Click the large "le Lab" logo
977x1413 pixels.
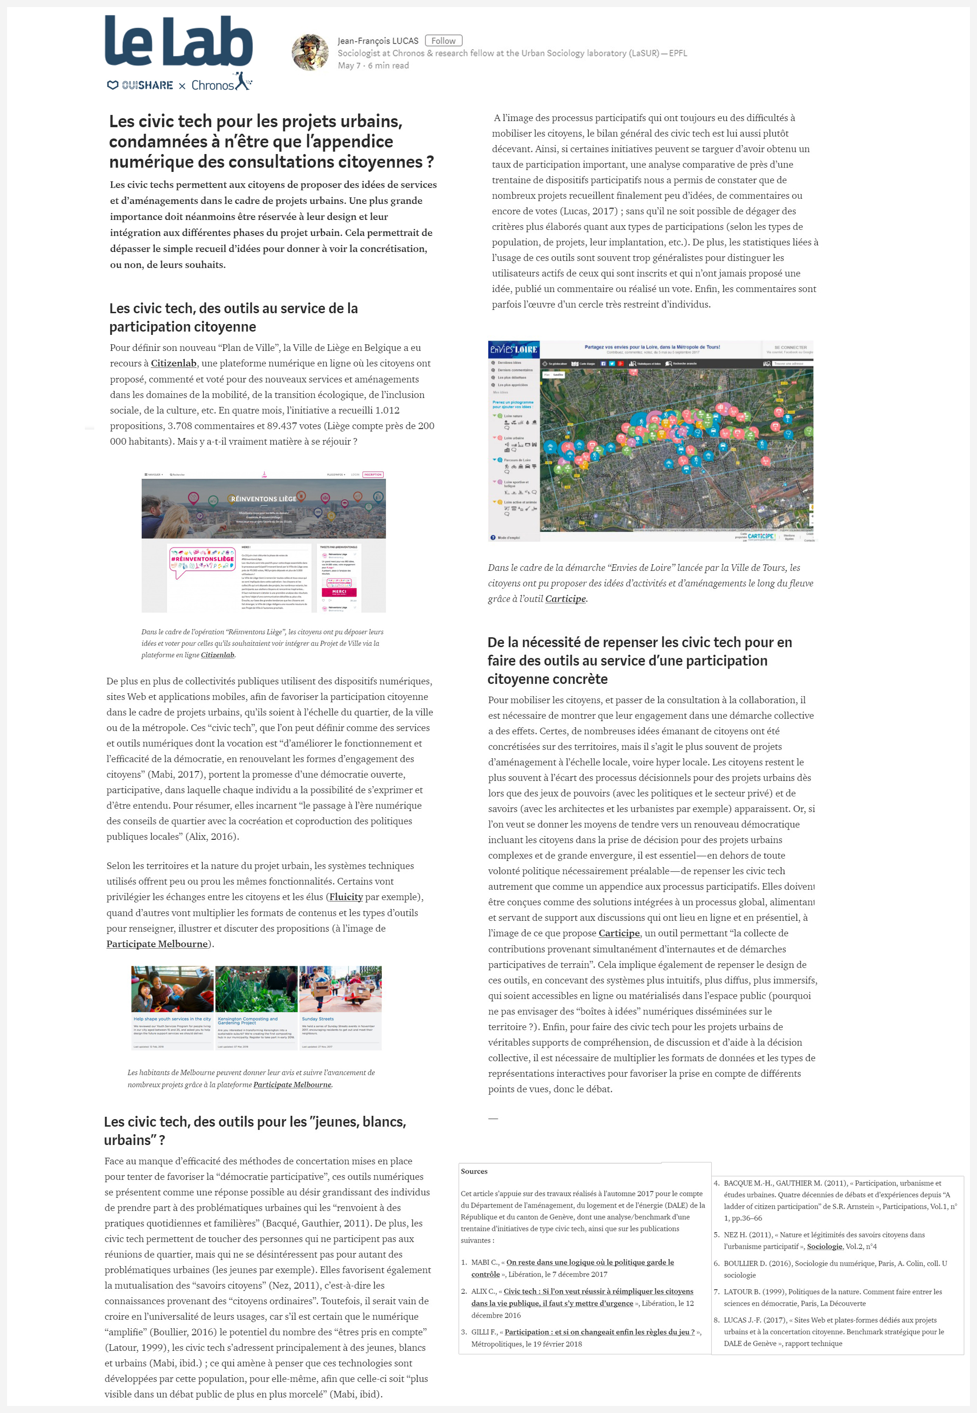[178, 41]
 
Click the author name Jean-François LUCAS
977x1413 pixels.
[378, 41]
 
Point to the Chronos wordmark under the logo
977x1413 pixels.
[213, 85]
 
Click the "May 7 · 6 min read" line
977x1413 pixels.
[373, 65]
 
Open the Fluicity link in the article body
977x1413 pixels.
[346, 897]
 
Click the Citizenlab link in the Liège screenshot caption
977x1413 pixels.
[217, 655]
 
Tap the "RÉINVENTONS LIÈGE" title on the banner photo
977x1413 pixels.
[263, 498]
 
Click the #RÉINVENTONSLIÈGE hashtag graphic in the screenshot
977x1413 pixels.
[202, 559]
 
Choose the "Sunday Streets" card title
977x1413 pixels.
[318, 1019]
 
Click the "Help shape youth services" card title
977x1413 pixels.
[172, 1019]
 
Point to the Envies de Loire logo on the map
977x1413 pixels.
[513, 349]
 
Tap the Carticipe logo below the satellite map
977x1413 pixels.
[760, 536]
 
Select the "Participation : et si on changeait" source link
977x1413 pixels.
[599, 1332]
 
